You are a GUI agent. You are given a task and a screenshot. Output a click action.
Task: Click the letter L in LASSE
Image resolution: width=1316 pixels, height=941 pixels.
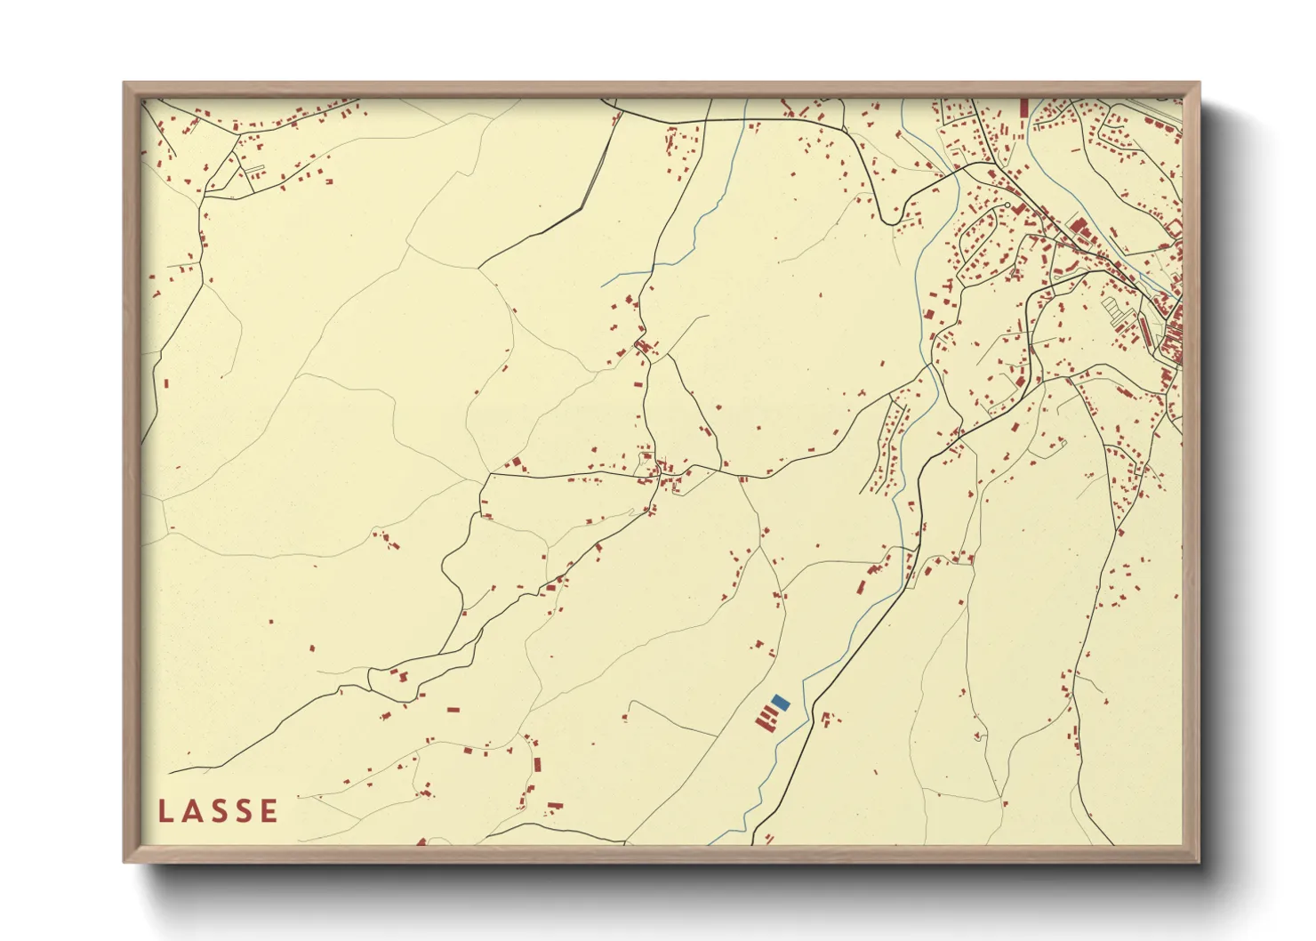coord(166,811)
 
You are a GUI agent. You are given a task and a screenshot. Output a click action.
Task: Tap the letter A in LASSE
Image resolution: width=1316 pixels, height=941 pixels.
coord(191,811)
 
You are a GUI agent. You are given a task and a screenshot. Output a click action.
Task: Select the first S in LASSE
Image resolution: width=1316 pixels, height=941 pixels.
coord(217,811)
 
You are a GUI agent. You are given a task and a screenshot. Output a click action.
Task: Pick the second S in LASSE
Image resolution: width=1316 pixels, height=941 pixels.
coord(242,811)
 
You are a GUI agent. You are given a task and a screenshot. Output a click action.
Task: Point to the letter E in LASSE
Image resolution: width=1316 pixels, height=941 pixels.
coord(268,811)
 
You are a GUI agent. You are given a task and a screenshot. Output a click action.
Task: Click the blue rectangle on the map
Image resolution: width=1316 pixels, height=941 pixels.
coord(781,703)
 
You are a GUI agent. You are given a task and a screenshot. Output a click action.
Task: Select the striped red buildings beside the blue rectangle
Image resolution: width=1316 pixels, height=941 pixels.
coord(766,718)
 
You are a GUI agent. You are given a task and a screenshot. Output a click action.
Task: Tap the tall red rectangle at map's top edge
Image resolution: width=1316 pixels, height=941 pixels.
coord(1023,108)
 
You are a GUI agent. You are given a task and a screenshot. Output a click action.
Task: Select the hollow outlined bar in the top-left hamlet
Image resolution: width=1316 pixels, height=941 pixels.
coord(254,168)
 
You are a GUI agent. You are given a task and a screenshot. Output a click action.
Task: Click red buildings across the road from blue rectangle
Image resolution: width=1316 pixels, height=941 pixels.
coord(827,719)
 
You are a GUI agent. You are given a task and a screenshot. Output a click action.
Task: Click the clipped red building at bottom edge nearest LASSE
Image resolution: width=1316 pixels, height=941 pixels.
coord(421,841)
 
